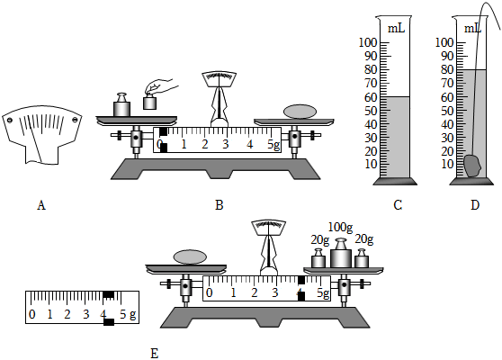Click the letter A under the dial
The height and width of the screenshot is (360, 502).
coord(41,205)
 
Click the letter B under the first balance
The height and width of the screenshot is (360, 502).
coord(219,205)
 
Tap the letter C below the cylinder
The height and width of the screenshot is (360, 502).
coord(398,205)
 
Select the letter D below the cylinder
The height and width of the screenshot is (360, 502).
coord(475,205)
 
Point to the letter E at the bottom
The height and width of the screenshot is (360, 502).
coord(155,354)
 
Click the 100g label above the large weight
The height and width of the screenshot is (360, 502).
coord(340,228)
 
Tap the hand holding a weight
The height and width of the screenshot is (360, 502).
coord(161,86)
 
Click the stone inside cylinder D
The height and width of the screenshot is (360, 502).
coord(472,166)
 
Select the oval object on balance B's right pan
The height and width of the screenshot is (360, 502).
coord(300,112)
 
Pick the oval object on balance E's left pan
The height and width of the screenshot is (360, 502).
coord(190,257)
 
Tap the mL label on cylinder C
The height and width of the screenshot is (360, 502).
coord(397,29)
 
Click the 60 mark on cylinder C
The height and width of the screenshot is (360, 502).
coord(371,97)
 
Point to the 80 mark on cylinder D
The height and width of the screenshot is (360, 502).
coord(447,69)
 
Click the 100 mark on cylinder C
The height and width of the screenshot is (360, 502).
coord(368,42)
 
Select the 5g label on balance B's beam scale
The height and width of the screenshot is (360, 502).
coord(274,144)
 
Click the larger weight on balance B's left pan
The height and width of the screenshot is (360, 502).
coord(121,104)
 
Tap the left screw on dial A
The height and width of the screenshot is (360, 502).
coord(10,121)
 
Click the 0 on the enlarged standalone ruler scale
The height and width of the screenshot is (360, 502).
coord(32,314)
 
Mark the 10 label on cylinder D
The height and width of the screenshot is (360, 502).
coord(447,165)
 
